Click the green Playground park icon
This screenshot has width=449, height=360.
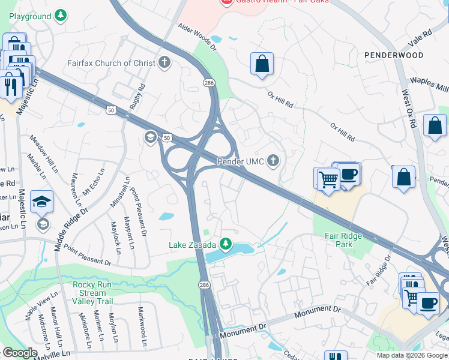pos(61,16)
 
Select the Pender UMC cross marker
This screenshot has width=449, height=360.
pos(273,160)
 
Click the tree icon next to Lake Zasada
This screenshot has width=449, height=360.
pos(226,244)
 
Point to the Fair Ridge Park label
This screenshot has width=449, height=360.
pos(344,240)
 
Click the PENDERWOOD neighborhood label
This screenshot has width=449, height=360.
pos(393,55)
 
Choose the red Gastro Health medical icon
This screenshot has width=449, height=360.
pos(226,2)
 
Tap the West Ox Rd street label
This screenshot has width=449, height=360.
pos(409,109)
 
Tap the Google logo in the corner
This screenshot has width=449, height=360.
pos(20,353)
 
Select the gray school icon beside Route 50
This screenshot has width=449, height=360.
pos(150,139)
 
